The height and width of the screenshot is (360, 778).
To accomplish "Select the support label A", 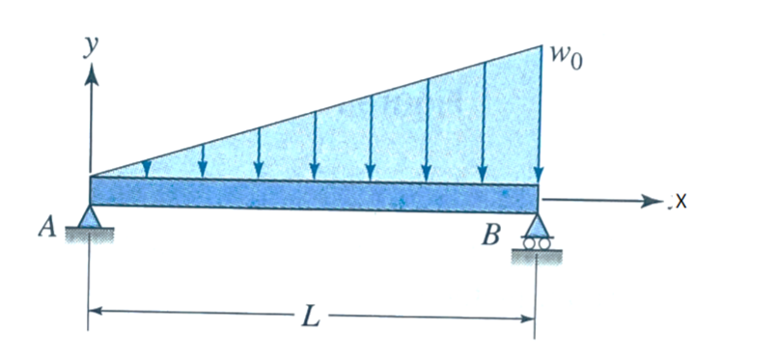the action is (45, 228).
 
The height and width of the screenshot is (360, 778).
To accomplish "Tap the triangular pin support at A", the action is (91, 218).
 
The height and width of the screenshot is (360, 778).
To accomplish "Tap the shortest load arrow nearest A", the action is (146, 168).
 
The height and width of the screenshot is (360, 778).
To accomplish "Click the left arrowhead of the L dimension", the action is (97, 312).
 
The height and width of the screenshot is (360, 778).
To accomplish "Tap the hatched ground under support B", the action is (537, 255).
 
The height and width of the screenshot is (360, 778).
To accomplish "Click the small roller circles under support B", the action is (537, 244).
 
